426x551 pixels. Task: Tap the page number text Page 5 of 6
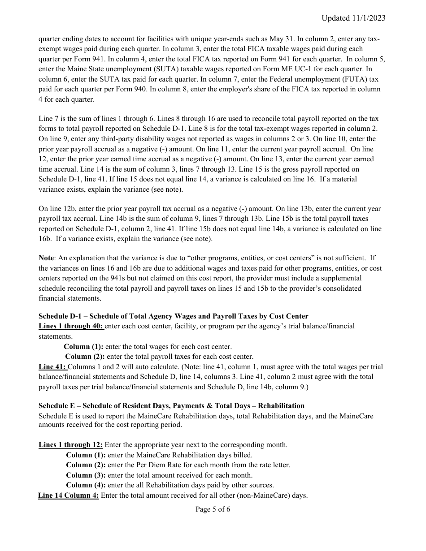click(x=213, y=509)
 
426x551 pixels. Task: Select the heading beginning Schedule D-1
click(x=173, y=316)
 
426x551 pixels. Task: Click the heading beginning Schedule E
click(x=171, y=406)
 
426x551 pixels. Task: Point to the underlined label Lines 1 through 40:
click(x=71, y=326)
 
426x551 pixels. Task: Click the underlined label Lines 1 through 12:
click(x=70, y=445)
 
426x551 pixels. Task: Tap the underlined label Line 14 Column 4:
click(x=68, y=495)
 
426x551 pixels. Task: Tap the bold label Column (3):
click(x=86, y=475)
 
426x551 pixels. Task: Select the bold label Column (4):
click(x=86, y=485)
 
